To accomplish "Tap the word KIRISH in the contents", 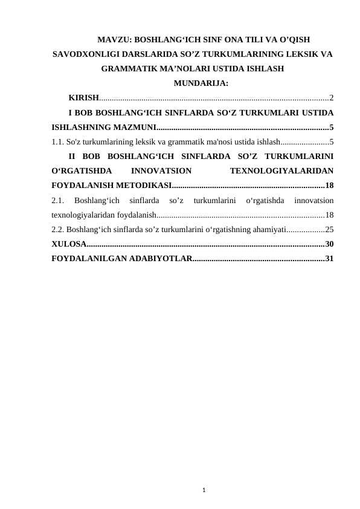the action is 84,97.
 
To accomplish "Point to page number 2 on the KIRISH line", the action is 332,97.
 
